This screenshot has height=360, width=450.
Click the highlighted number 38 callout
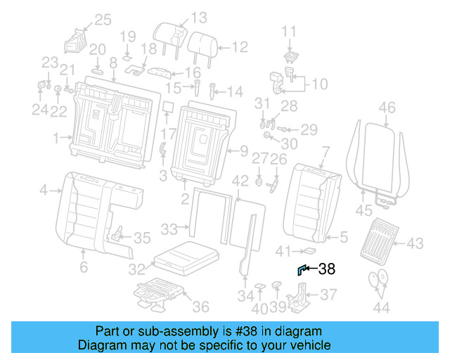tap(327, 268)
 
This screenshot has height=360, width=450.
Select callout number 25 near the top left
tap(103, 20)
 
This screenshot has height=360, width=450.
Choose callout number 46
tap(387, 108)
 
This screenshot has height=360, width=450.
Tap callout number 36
tap(201, 306)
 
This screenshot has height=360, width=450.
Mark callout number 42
tap(240, 181)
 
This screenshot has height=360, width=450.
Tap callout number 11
tap(290, 31)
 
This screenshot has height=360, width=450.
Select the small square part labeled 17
tap(167, 107)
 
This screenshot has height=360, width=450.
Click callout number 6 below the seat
tap(83, 267)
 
